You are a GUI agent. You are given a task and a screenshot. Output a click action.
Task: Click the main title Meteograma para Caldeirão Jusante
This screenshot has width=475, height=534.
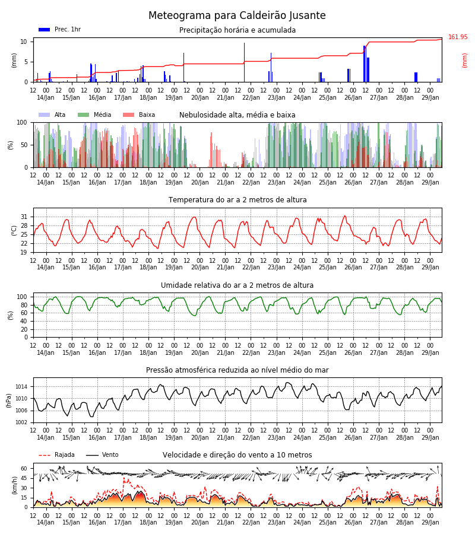[x=237, y=15]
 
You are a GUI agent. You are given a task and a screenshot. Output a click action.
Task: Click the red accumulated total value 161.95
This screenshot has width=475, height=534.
[x=458, y=37]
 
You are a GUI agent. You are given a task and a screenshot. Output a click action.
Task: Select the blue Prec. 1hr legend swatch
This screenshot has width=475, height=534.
[x=45, y=30]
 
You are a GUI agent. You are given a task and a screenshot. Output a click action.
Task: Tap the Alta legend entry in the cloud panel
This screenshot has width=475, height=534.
[x=52, y=115]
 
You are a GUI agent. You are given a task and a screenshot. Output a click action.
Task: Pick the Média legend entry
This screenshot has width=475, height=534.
[x=94, y=115]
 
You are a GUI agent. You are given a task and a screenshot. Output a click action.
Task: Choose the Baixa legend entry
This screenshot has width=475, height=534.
[x=139, y=115]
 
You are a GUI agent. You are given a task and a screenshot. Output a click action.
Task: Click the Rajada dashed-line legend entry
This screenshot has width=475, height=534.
[x=56, y=454]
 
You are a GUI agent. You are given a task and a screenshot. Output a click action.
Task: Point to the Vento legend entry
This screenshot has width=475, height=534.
[x=102, y=454]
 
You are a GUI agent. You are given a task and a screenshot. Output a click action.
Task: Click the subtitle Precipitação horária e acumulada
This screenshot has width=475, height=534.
[x=237, y=30]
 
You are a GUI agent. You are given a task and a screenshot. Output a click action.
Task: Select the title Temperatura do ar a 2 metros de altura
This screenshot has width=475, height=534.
[x=237, y=200]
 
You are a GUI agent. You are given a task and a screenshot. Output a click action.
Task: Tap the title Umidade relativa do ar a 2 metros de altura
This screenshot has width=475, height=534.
[x=237, y=285]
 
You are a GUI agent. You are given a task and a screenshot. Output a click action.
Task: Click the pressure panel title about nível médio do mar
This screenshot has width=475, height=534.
[x=237, y=370]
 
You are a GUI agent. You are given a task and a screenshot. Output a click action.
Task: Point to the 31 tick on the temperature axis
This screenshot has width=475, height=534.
[x=24, y=217]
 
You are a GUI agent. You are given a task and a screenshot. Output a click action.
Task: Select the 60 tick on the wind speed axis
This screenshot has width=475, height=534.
[x=24, y=469]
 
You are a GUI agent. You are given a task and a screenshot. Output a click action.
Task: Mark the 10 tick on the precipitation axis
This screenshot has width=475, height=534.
[x=24, y=42]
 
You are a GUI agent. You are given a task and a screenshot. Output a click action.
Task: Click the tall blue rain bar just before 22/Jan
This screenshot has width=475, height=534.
[x=244, y=62]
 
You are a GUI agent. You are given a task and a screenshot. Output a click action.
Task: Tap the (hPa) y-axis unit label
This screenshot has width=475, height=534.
[x=9, y=401]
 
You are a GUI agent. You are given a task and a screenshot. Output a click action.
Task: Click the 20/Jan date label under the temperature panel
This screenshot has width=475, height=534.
[x=200, y=268]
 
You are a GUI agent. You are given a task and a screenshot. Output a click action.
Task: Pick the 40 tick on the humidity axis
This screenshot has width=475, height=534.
[x=24, y=321]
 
